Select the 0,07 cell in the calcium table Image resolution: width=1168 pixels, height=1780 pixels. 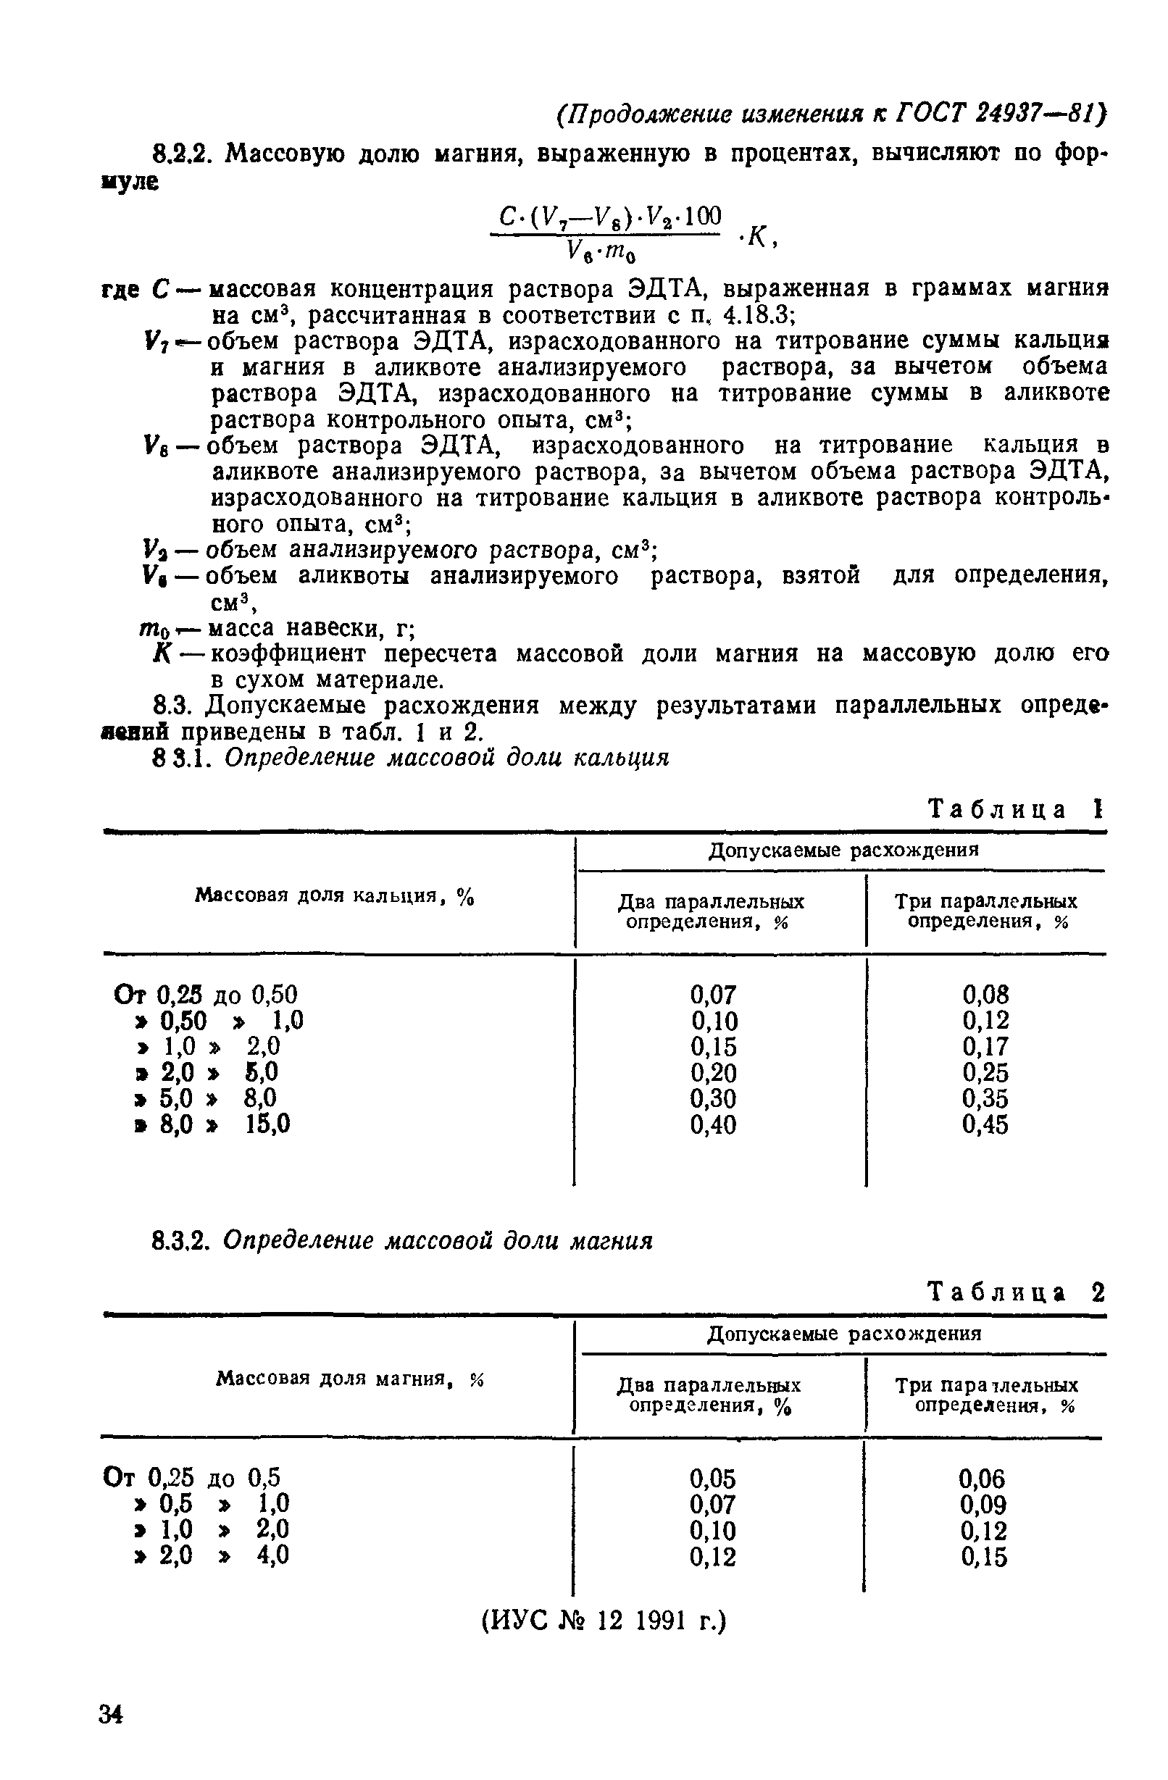click(x=713, y=995)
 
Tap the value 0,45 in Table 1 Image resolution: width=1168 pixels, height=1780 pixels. click(x=985, y=1124)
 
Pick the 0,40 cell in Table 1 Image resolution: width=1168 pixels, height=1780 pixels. click(x=713, y=1124)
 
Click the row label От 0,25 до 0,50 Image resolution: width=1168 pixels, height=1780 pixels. click(x=206, y=995)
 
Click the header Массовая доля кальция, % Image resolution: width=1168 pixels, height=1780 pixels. click(x=335, y=895)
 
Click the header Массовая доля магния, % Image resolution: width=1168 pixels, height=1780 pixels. click(x=350, y=1379)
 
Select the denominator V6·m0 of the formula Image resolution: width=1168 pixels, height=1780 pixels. click(x=602, y=253)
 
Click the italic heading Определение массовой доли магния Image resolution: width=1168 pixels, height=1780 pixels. click(x=438, y=1242)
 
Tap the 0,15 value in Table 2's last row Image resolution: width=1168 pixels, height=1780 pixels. click(x=983, y=1557)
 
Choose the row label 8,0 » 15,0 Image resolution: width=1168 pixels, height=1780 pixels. click(x=212, y=1124)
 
